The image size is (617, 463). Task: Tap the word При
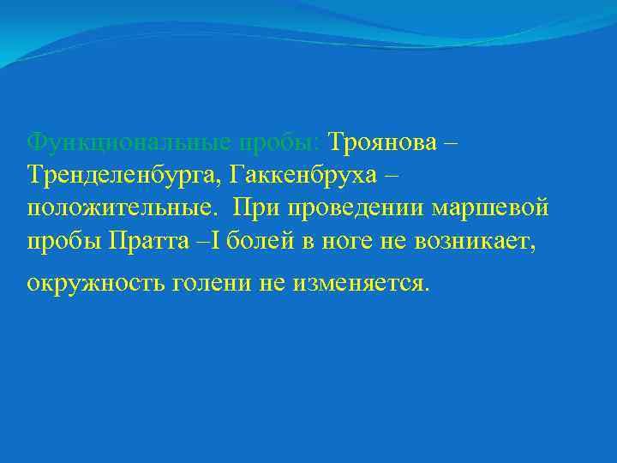tap(255, 208)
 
